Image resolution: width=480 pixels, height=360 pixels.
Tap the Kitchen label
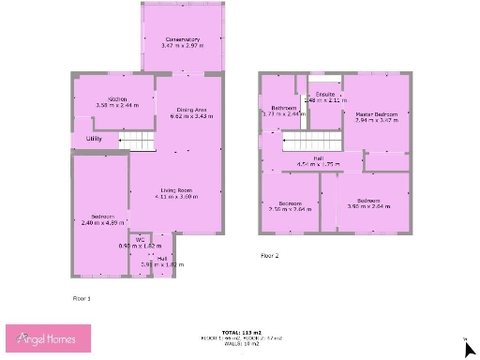(x=117, y=99)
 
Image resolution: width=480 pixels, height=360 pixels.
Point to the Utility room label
(x=94, y=139)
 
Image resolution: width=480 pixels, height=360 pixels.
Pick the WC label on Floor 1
(x=140, y=239)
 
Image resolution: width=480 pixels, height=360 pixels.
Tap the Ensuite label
(x=325, y=95)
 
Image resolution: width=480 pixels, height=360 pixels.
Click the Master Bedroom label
(x=376, y=114)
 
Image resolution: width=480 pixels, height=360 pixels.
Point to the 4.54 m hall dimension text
(x=318, y=164)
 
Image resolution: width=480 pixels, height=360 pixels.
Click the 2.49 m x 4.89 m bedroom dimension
(x=102, y=222)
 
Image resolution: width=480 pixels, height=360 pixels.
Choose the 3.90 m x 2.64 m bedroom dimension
(x=367, y=206)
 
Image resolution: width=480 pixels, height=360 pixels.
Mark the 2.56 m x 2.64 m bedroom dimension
(x=290, y=209)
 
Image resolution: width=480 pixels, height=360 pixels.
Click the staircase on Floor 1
(x=141, y=141)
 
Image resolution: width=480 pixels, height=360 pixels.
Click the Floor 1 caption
(x=82, y=297)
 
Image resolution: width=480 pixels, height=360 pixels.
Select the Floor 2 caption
(x=270, y=254)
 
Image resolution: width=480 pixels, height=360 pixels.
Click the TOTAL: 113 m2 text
(x=239, y=331)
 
